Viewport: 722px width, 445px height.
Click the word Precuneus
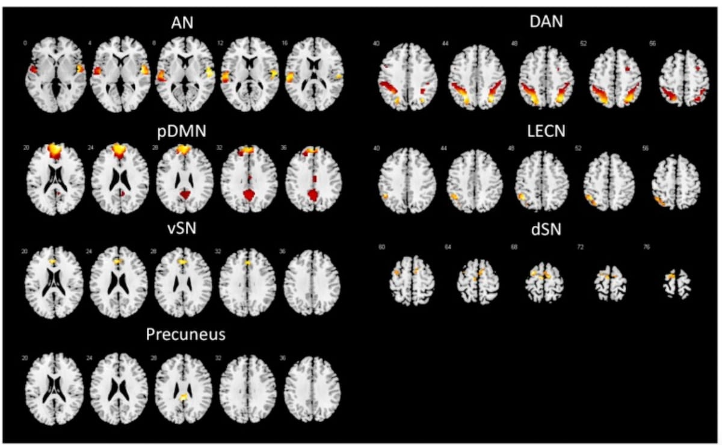[185, 334]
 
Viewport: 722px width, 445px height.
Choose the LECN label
[547, 130]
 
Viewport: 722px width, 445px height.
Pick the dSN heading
[547, 230]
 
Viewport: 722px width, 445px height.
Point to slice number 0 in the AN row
[25, 43]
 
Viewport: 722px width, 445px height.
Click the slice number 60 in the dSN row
[381, 247]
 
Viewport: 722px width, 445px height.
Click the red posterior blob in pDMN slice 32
[248, 195]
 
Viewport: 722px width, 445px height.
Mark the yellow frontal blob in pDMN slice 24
[119, 150]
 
